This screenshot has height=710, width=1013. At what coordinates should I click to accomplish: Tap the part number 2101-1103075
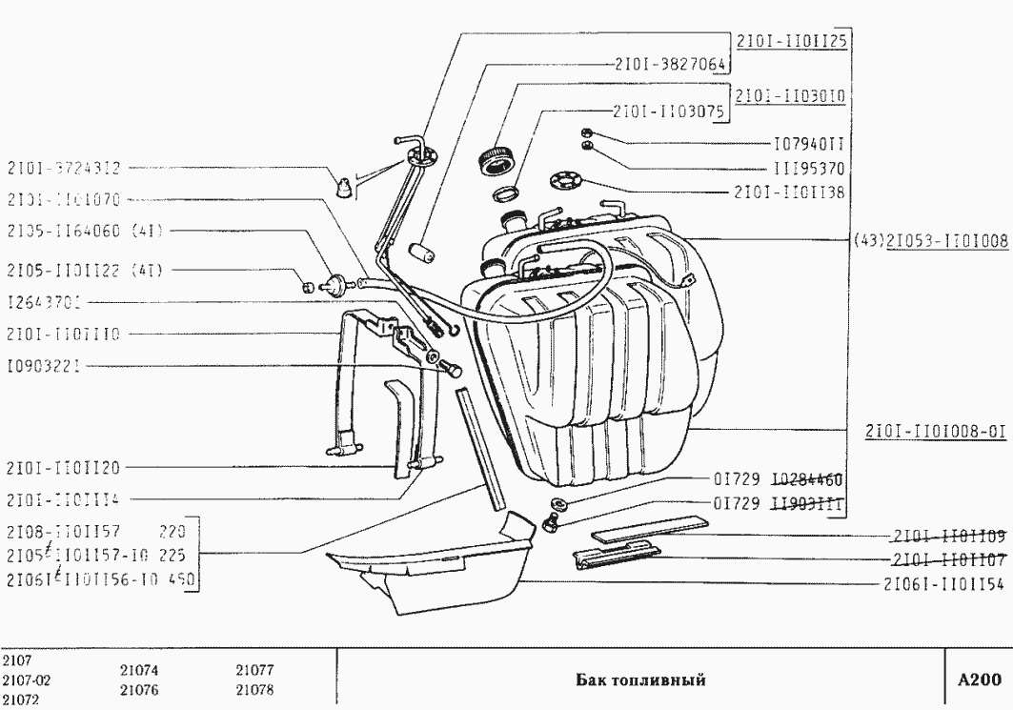pos(670,112)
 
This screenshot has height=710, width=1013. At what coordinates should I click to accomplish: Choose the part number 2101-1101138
pos(790,192)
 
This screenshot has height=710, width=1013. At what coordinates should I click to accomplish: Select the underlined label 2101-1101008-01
pos(936,432)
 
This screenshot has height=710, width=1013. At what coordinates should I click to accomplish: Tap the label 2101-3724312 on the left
pos(63,168)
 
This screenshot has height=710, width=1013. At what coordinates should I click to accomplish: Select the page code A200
pos(979,680)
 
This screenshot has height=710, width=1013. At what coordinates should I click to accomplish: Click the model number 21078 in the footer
pos(254,688)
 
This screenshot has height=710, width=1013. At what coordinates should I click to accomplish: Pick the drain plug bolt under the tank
pos(552,521)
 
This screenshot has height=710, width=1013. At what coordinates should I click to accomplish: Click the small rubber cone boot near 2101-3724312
pos(343,186)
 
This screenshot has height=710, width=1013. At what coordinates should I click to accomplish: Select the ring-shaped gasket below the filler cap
pos(507,195)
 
